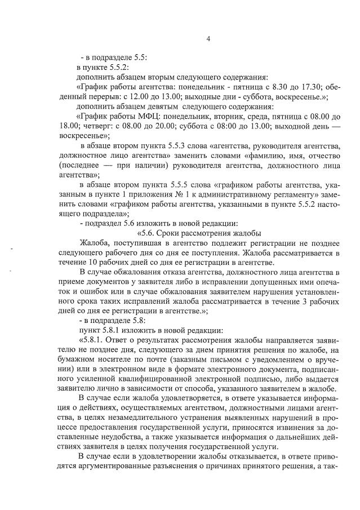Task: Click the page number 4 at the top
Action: click(x=208, y=39)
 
